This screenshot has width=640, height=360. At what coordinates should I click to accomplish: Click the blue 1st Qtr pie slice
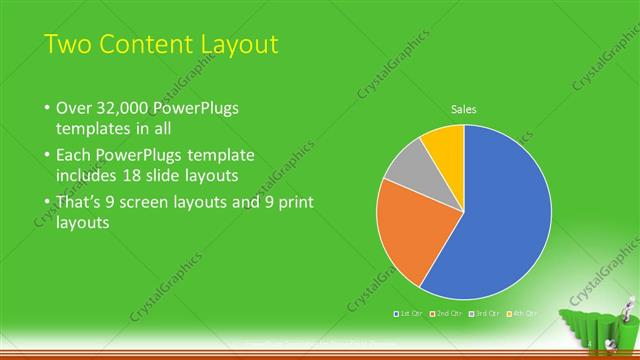click(500, 220)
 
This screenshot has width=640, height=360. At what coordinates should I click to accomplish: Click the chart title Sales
click(463, 109)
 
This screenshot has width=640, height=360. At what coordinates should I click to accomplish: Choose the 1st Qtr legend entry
click(408, 314)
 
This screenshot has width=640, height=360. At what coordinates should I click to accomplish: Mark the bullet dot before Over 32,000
click(47, 107)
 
